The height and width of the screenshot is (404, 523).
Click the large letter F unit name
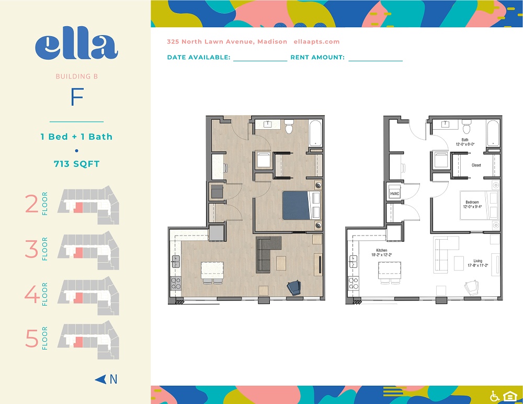[x=77, y=98]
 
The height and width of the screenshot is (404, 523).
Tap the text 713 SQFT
[x=77, y=164]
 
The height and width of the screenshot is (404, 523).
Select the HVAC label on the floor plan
[x=394, y=194]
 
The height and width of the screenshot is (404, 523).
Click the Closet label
[x=475, y=165]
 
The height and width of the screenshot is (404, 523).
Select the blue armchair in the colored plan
[x=294, y=287]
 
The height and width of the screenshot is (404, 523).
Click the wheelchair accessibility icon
[x=494, y=396]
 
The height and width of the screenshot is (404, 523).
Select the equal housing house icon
[x=509, y=396]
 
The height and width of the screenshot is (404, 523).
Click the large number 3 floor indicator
[x=32, y=249]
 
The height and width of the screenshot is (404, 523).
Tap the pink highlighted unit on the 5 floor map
[x=78, y=342]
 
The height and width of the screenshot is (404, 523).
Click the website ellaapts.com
[x=317, y=42]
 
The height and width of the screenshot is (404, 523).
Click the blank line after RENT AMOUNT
[x=376, y=59]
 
